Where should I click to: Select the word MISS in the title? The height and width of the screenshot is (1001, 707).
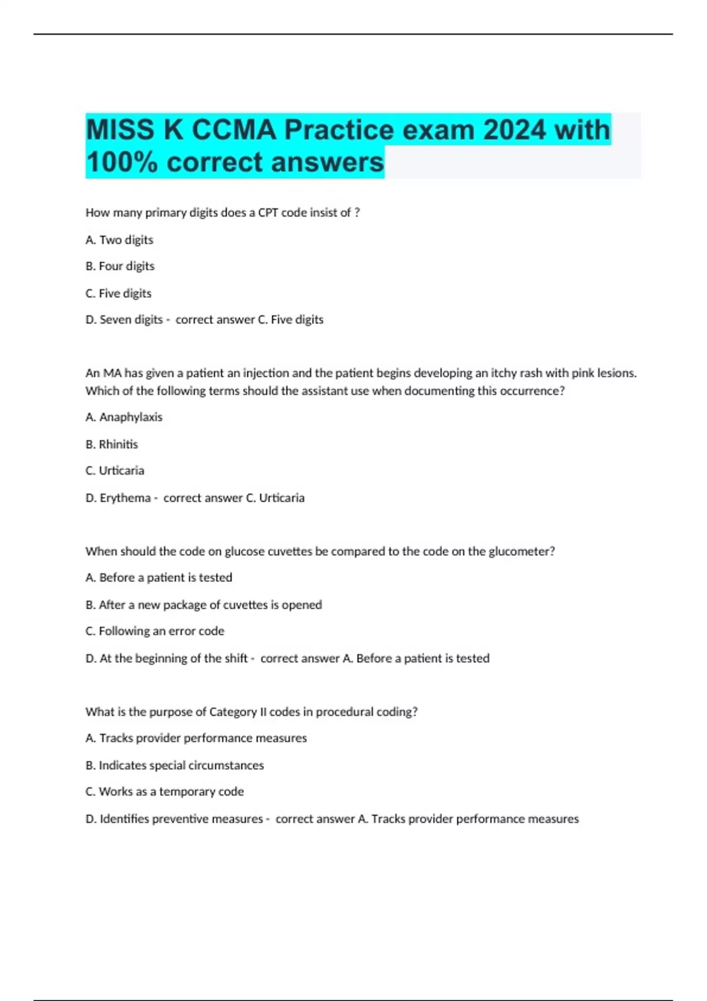pos(120,130)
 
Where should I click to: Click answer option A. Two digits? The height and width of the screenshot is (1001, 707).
pos(119,240)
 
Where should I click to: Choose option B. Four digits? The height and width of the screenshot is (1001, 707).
pos(120,266)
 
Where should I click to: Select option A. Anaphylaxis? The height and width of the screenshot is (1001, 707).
pos(124,417)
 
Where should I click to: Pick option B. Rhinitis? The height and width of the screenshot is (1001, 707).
pos(111,444)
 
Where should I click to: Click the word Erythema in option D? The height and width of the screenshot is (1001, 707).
pos(125,498)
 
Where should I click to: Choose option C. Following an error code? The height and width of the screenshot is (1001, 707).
pos(154,631)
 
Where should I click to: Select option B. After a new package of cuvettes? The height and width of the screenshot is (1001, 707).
pos(203,605)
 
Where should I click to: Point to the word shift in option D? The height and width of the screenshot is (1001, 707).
pos(235,658)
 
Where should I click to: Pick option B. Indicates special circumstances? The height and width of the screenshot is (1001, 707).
pos(175,765)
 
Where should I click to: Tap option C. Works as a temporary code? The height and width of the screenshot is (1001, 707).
pos(164,792)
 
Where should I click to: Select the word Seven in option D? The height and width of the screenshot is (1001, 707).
pos(115,320)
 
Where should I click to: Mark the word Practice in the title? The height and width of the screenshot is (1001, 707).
pos(339,130)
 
